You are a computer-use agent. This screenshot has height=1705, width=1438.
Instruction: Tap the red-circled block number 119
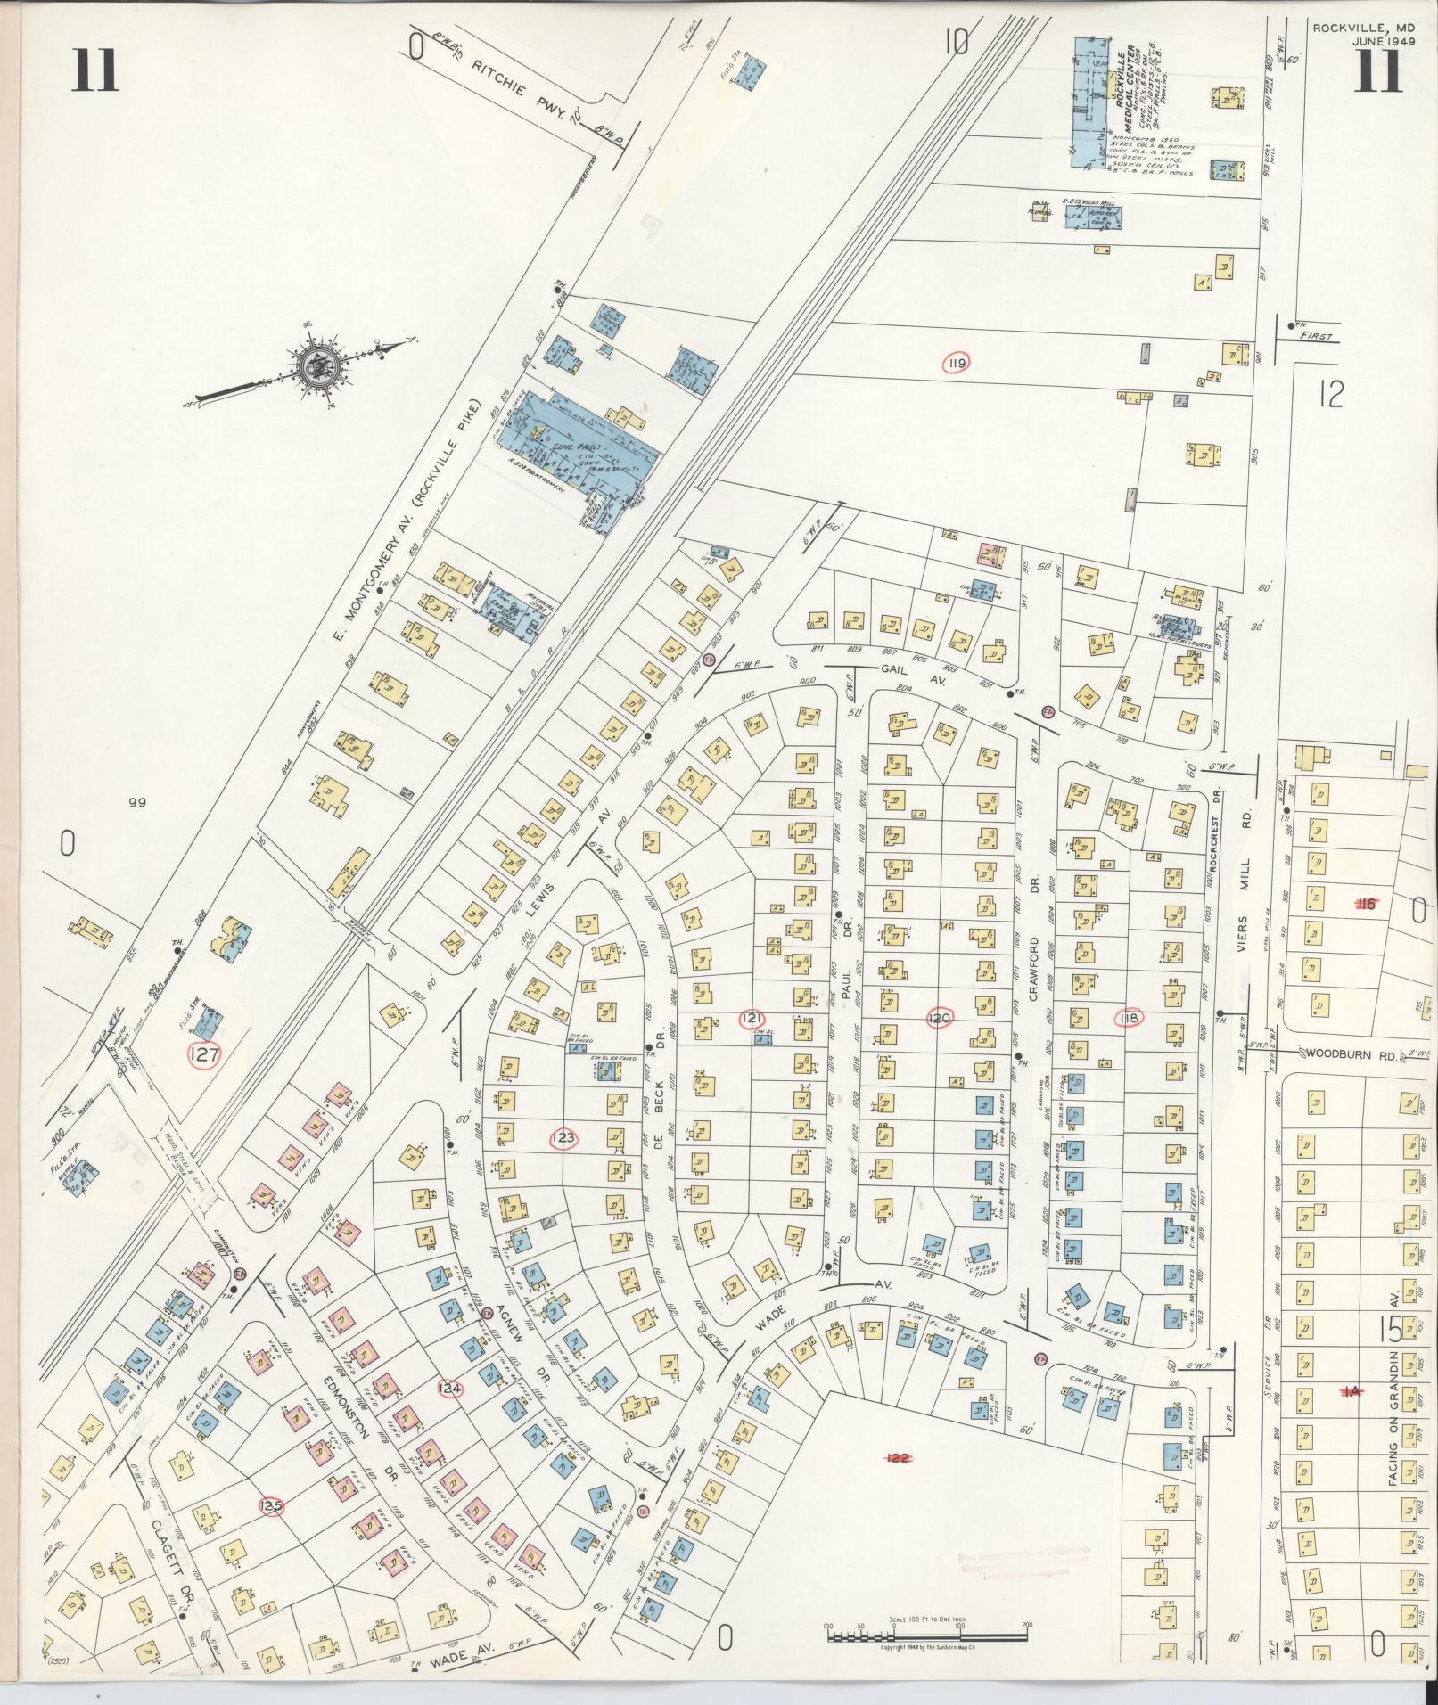coord(957,363)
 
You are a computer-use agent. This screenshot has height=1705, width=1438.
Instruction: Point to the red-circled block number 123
coord(563,1137)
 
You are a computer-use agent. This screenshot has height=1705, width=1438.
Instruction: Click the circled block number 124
coord(450,1388)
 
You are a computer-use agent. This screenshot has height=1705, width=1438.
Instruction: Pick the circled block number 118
coord(1130,1018)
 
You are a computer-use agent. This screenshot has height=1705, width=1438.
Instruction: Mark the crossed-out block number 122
coord(899,1456)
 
